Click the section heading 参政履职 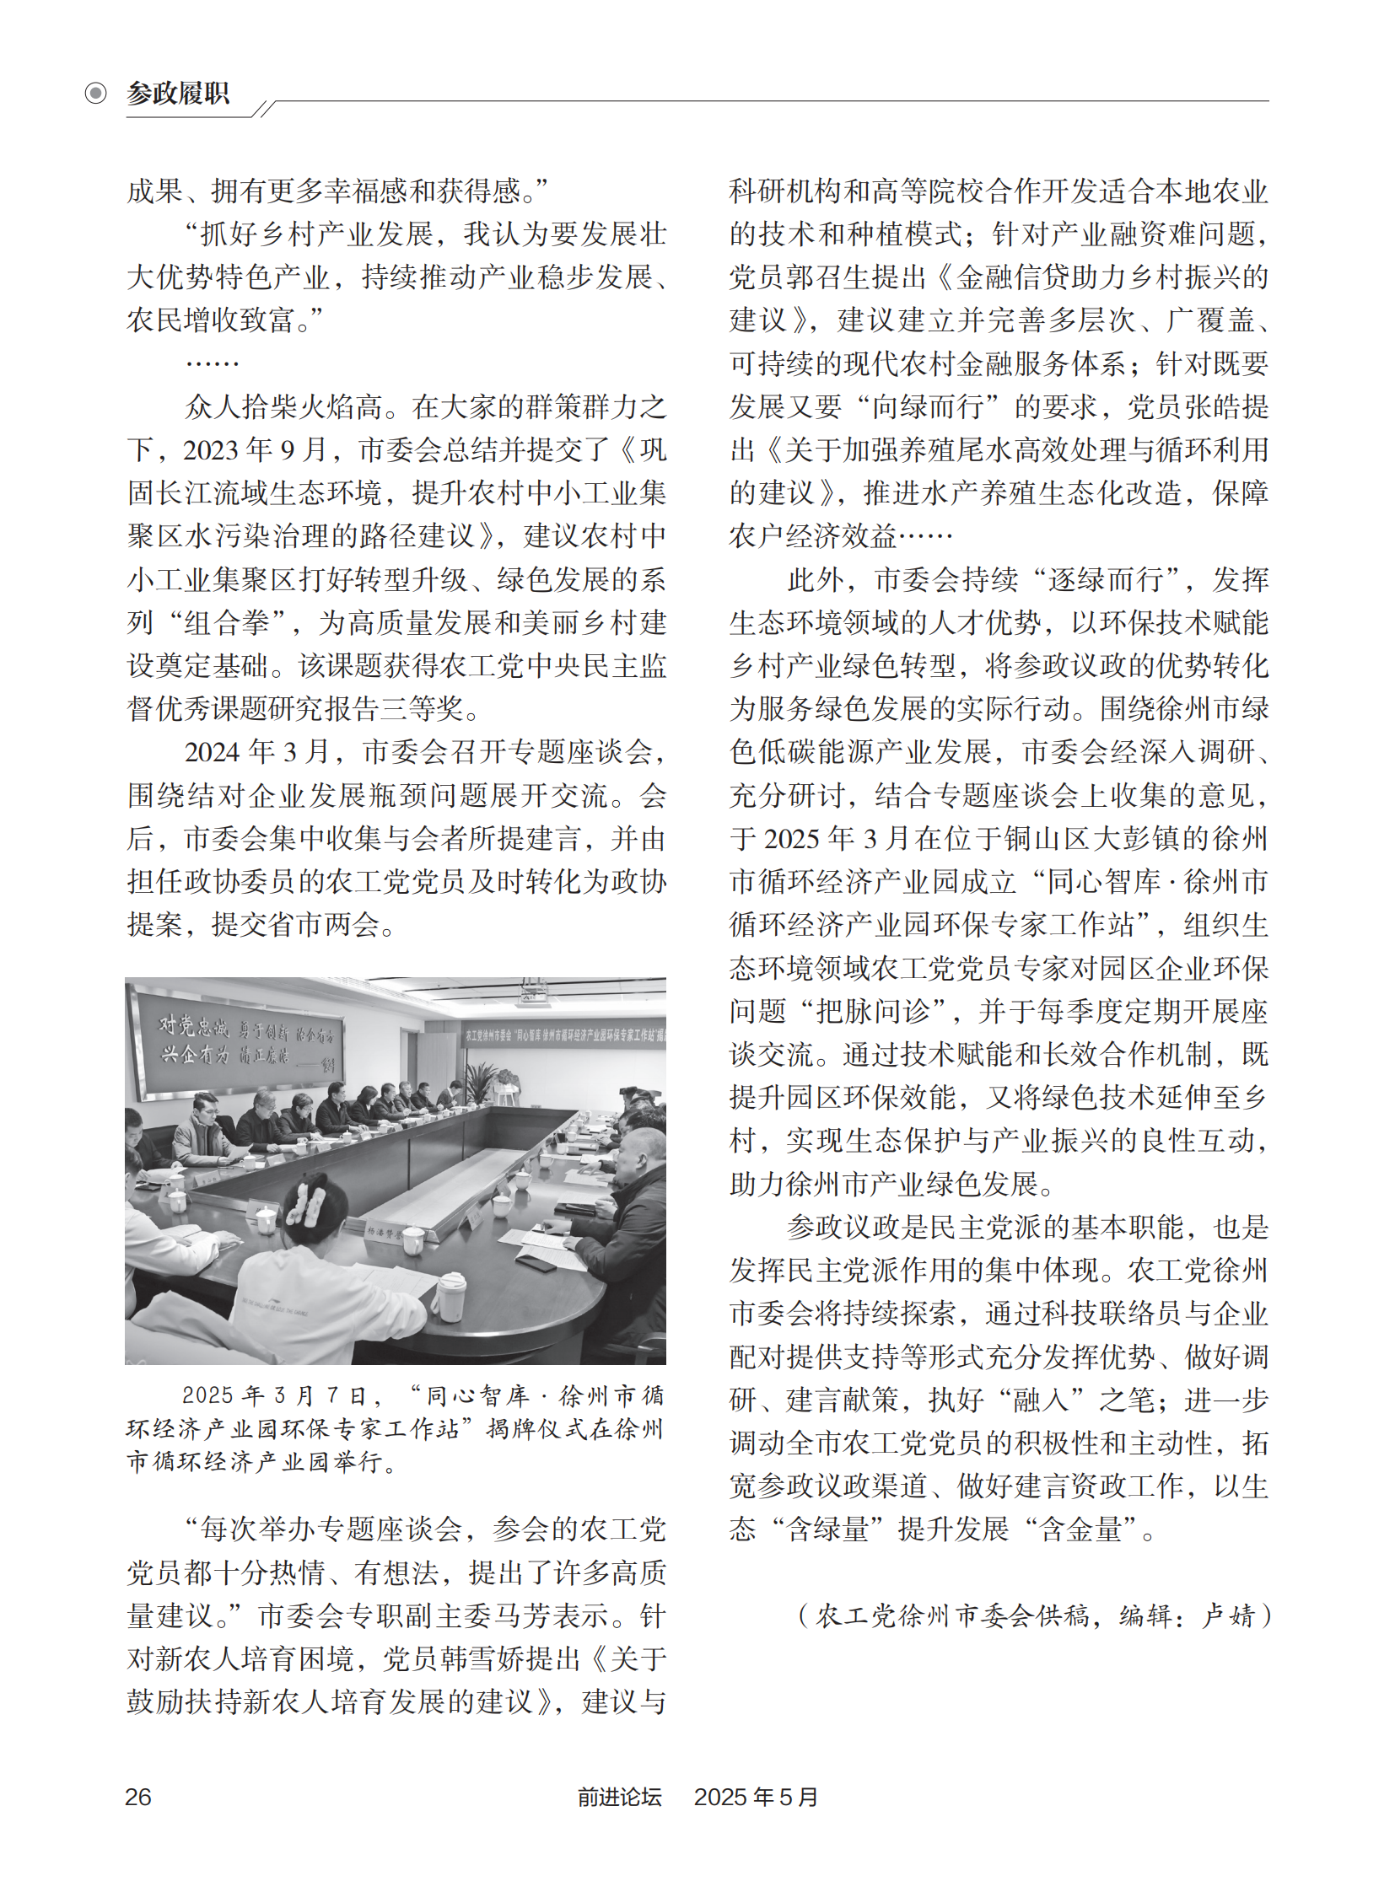[x=177, y=93]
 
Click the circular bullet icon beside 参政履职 [x=95, y=93]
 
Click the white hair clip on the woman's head [x=304, y=1202]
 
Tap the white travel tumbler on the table [x=449, y=1297]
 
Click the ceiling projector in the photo [x=532, y=995]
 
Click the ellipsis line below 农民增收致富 [x=212, y=363]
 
